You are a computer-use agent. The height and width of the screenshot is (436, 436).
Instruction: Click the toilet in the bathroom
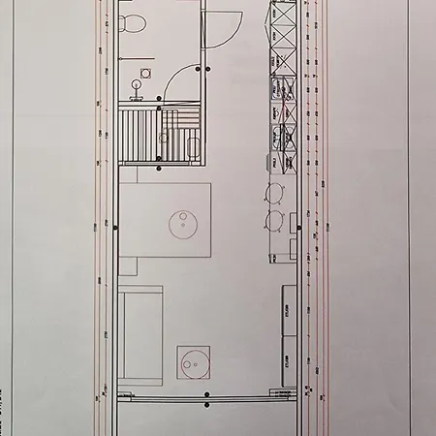[134, 20]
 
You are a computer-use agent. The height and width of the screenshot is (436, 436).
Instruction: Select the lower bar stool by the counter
[275, 220]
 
